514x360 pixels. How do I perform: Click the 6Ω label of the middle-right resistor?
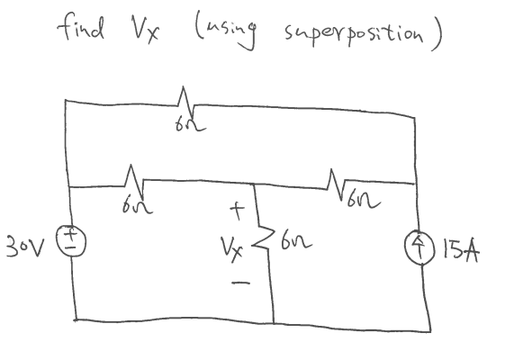pyautogui.click(x=353, y=199)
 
